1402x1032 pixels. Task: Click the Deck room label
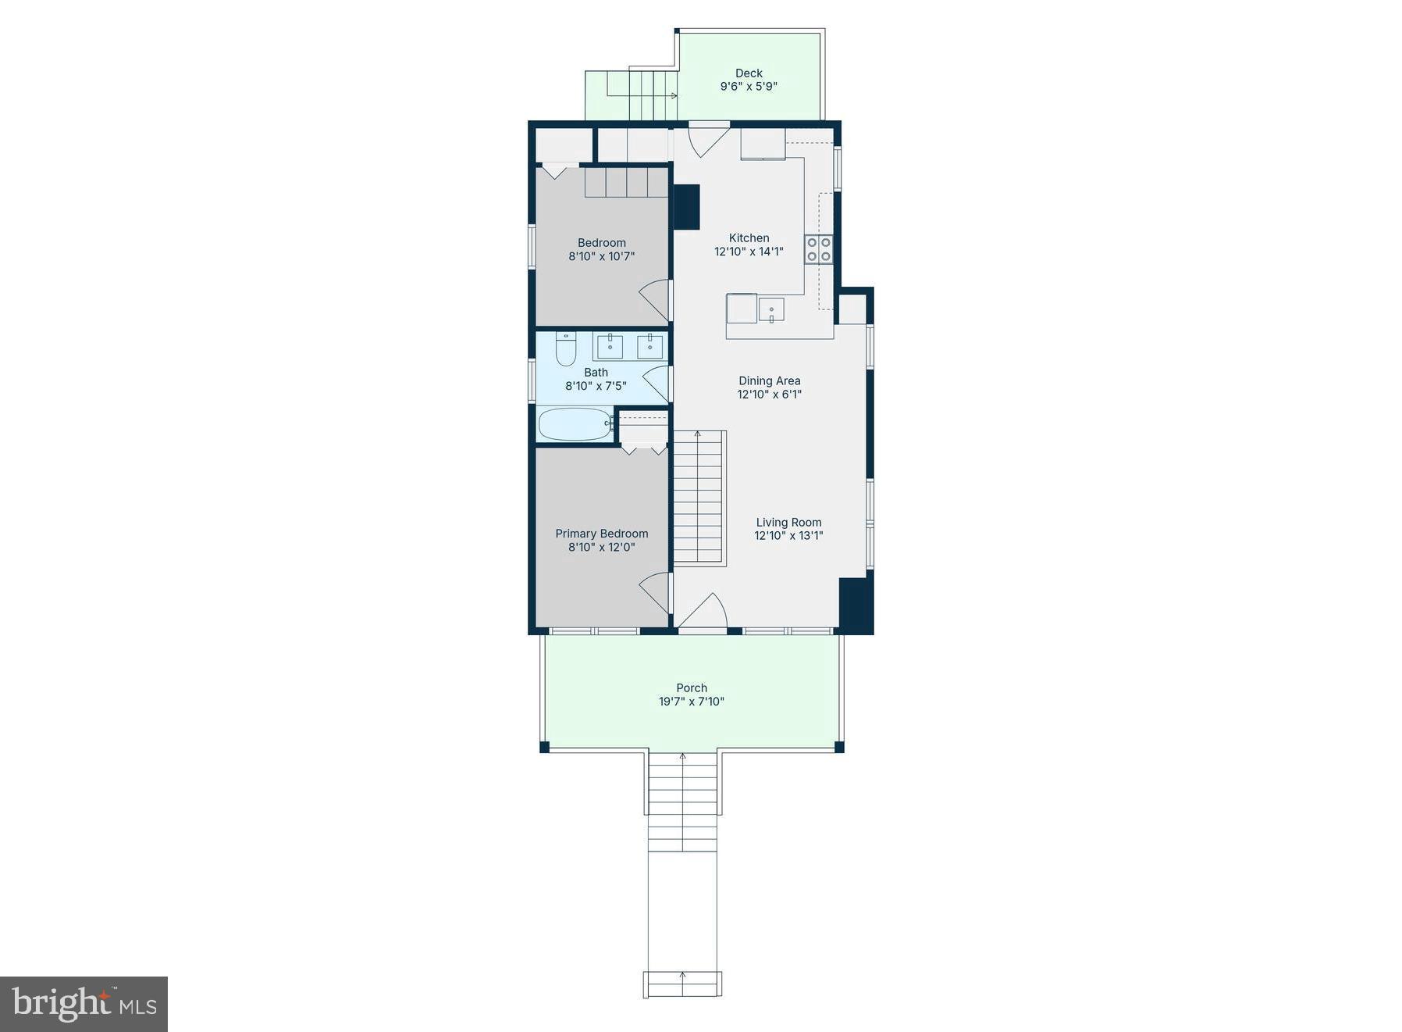pyautogui.click(x=749, y=73)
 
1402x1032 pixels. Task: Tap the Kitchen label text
pyautogui.click(x=749, y=238)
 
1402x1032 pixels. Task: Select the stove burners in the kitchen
pyautogui.click(x=819, y=249)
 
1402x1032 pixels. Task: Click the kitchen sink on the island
pyautogui.click(x=770, y=310)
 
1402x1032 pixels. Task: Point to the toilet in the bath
pyautogui.click(x=565, y=348)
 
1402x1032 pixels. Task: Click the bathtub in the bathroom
pyautogui.click(x=575, y=425)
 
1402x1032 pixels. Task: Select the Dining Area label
pyautogui.click(x=769, y=381)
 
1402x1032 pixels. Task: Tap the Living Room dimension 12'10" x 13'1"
pyautogui.click(x=788, y=536)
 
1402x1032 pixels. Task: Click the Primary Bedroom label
pyautogui.click(x=601, y=534)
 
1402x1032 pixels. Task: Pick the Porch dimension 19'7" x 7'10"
pyautogui.click(x=691, y=702)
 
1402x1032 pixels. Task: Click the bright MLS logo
pyautogui.click(x=84, y=1004)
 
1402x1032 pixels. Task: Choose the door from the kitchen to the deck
pyautogui.click(x=707, y=139)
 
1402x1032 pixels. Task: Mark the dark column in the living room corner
pyautogui.click(x=855, y=605)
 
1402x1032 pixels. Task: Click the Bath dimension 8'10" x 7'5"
pyautogui.click(x=596, y=386)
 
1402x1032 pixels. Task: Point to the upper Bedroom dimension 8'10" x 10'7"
pyautogui.click(x=601, y=256)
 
